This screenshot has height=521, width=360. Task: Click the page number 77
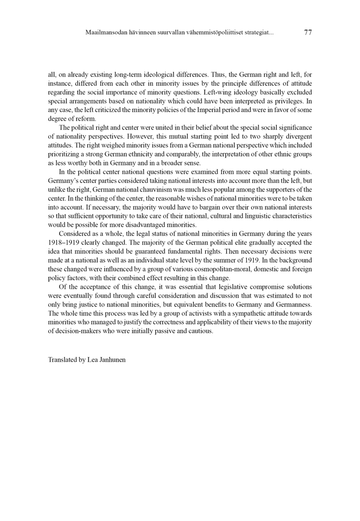(308, 32)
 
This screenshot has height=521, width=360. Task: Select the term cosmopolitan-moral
(191, 269)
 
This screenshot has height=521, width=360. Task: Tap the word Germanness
(291, 304)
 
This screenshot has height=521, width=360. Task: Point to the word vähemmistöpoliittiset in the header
(221, 32)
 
